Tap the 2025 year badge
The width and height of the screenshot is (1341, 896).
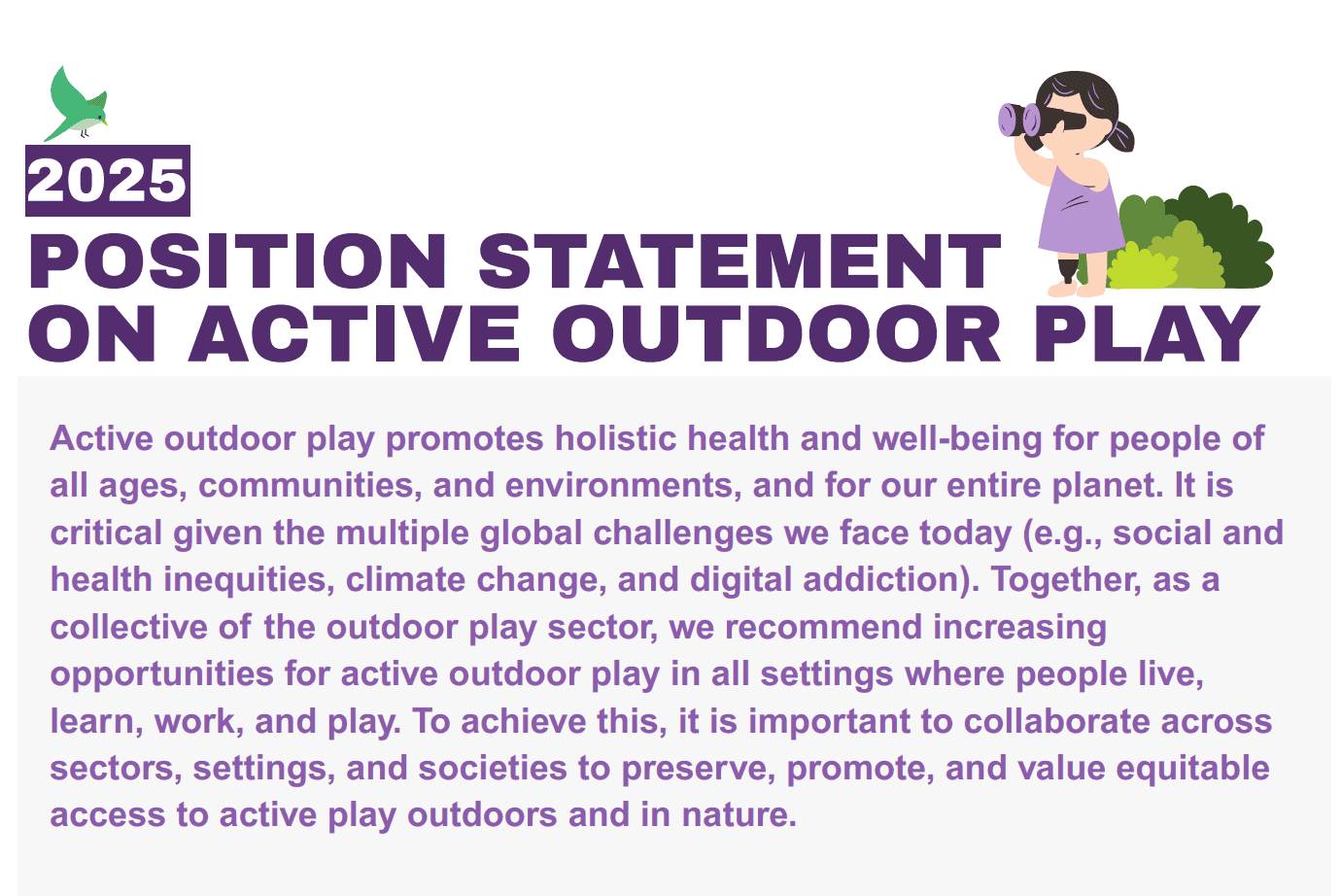coord(108,180)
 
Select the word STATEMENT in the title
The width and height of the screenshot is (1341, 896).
coord(739,261)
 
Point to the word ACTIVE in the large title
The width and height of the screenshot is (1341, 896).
coord(355,333)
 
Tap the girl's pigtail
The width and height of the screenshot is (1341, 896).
coord(1118,137)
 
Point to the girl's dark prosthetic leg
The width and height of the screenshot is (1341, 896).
coord(1067,269)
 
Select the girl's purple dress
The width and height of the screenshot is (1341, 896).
coord(1081,210)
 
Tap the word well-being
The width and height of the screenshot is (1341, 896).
coord(957,439)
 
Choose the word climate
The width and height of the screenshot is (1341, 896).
coord(405,579)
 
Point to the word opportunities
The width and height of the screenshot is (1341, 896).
coord(161,674)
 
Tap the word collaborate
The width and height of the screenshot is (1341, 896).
coord(1056,721)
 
